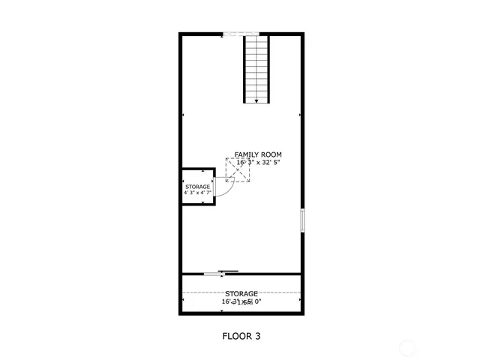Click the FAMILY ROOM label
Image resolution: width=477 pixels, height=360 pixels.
pyautogui.click(x=258, y=154)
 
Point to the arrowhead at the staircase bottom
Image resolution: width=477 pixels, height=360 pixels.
pyautogui.click(x=256, y=100)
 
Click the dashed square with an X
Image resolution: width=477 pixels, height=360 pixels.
pyautogui.click(x=238, y=169)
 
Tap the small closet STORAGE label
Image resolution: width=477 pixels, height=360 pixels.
pyautogui.click(x=198, y=187)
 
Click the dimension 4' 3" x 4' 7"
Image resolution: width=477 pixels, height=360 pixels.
pyautogui.click(x=198, y=193)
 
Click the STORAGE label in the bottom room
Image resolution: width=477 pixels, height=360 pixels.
pyautogui.click(x=241, y=293)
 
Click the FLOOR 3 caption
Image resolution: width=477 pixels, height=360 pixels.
pyautogui.click(x=241, y=336)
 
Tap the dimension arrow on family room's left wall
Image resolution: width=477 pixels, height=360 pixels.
pyautogui.click(x=183, y=115)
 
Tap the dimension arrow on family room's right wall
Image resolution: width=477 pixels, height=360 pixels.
pyautogui.click(x=299, y=115)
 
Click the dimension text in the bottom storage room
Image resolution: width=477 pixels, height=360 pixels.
pyautogui.click(x=241, y=301)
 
